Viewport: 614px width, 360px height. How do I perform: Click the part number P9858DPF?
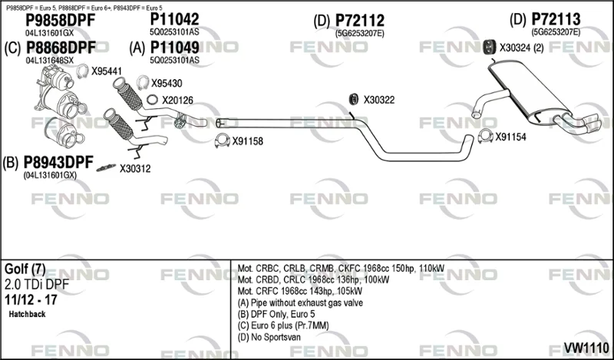point(61,21)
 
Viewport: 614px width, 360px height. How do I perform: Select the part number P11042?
point(175,19)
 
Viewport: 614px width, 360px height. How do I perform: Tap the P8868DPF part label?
point(61,48)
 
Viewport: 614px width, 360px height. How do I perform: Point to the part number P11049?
point(175,48)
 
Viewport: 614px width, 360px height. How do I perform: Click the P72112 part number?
point(360,21)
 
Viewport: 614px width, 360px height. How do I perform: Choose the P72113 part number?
point(556,19)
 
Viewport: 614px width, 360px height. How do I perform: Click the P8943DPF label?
point(58,162)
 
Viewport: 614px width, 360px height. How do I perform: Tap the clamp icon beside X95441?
point(82,71)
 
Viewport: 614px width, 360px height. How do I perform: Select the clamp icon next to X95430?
point(143,82)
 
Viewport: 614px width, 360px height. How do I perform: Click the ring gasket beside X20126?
point(152,100)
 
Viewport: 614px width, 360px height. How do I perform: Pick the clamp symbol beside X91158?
point(223,141)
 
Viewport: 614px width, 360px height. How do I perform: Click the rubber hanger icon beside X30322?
point(353,100)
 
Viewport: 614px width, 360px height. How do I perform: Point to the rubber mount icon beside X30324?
point(488,48)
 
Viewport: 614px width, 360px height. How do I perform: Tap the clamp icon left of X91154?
point(486,136)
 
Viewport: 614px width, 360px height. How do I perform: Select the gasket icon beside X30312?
point(106,167)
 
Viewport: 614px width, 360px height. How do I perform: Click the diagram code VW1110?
point(586,347)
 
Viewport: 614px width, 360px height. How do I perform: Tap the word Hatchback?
point(27,314)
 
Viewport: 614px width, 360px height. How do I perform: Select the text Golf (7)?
point(25,269)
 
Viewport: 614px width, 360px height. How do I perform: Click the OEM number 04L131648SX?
point(49,61)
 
